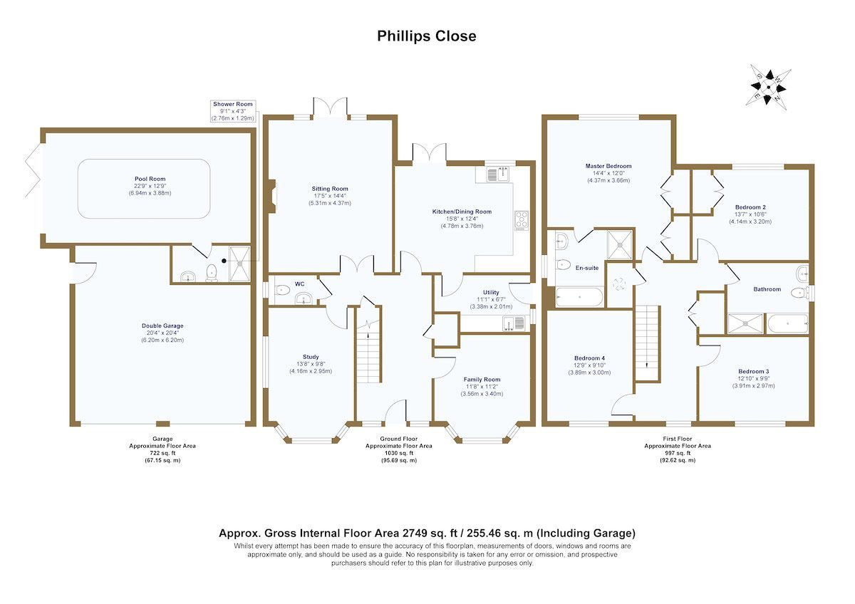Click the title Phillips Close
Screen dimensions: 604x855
pyautogui.click(x=427, y=36)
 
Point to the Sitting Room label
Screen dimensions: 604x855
pyautogui.click(x=329, y=189)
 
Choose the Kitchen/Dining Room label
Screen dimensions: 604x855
pyautogui.click(x=462, y=212)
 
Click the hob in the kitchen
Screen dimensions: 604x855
pyautogui.click(x=521, y=220)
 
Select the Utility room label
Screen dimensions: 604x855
pyautogui.click(x=490, y=292)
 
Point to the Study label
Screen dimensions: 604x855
pyautogui.click(x=311, y=357)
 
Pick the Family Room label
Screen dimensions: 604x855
pyautogui.click(x=482, y=380)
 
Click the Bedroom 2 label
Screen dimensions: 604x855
pyautogui.click(x=750, y=207)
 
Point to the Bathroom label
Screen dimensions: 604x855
pyautogui.click(x=767, y=289)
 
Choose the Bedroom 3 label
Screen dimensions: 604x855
pyautogui.click(x=755, y=371)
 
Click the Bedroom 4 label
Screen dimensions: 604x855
pyautogui.click(x=589, y=358)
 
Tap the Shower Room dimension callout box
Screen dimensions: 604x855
pyautogui.click(x=233, y=111)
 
